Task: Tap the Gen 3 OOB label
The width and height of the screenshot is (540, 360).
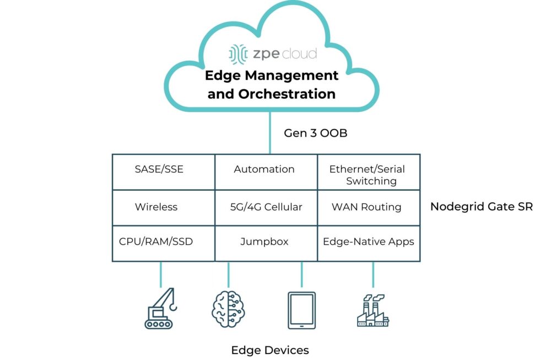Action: (315, 133)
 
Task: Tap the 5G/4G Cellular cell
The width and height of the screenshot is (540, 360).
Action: (266, 207)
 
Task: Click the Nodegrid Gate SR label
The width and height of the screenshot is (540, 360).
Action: (481, 207)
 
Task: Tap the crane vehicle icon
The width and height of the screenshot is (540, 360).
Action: (162, 309)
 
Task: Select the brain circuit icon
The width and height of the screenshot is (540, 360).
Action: (228, 309)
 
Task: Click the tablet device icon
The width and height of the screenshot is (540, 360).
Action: (301, 310)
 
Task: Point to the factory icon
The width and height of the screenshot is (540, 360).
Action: (372, 311)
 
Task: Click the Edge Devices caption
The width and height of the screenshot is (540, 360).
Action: (270, 350)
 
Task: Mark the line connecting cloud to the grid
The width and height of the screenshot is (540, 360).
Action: (270, 132)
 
